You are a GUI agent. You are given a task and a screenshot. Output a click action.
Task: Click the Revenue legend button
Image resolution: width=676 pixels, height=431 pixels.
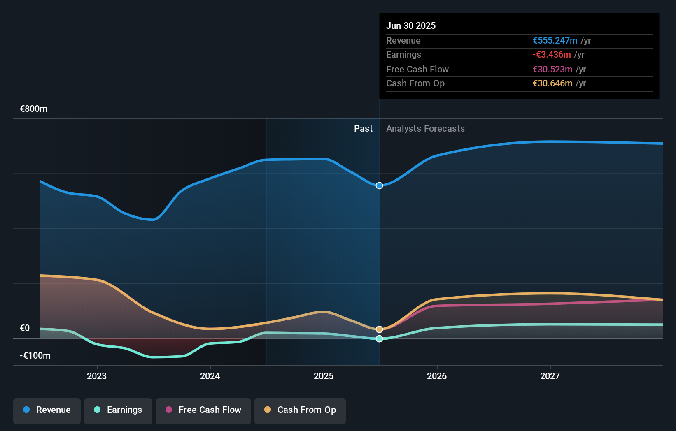pyautogui.click(x=47, y=410)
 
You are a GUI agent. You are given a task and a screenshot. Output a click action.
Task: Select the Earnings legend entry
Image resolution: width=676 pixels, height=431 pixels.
pyautogui.click(x=118, y=410)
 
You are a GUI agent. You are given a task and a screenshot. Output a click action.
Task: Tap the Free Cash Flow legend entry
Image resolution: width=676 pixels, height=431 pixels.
pyautogui.click(x=203, y=410)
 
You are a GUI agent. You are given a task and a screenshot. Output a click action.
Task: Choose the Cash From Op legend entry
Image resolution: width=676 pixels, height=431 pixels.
pyautogui.click(x=300, y=410)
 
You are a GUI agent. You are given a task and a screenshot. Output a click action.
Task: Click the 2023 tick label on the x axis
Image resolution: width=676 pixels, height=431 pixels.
pyautogui.click(x=97, y=376)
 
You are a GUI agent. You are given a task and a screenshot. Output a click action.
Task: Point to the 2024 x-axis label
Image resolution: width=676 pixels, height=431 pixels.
pyautogui.click(x=210, y=376)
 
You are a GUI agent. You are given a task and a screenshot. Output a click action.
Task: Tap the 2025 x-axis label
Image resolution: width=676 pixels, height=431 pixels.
pyautogui.click(x=324, y=376)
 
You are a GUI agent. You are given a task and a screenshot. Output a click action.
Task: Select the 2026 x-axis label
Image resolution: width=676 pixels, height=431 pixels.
pyautogui.click(x=437, y=376)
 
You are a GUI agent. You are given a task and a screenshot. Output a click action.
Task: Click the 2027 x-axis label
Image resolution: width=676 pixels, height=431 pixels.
pyautogui.click(x=550, y=376)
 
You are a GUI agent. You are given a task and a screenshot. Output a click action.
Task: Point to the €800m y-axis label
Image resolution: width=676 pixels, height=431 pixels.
pyautogui.click(x=34, y=109)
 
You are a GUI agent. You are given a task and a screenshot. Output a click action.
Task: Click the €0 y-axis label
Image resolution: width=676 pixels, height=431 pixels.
pyautogui.click(x=25, y=328)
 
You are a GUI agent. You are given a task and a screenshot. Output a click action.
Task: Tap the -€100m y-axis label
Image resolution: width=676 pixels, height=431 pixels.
pyautogui.click(x=35, y=356)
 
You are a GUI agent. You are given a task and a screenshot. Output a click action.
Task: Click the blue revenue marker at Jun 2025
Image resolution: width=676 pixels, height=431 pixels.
pyautogui.click(x=379, y=185)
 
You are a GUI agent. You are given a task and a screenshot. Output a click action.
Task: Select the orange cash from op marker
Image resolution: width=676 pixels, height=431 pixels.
pyautogui.click(x=379, y=329)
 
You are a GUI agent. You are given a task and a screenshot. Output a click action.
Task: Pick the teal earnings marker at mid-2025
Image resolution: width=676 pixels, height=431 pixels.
pyautogui.click(x=379, y=338)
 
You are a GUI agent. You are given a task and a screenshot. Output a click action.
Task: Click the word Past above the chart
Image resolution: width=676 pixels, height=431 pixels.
pyautogui.click(x=363, y=129)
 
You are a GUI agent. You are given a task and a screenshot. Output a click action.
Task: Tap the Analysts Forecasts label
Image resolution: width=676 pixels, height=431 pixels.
pyautogui.click(x=425, y=129)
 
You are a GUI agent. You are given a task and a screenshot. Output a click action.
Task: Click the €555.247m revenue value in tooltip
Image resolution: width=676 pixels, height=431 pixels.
pyautogui.click(x=555, y=41)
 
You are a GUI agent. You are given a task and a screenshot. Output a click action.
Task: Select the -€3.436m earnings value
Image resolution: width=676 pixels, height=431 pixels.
pyautogui.click(x=552, y=55)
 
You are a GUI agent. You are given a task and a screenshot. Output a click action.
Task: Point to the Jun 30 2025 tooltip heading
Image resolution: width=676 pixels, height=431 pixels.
pyautogui.click(x=411, y=25)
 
